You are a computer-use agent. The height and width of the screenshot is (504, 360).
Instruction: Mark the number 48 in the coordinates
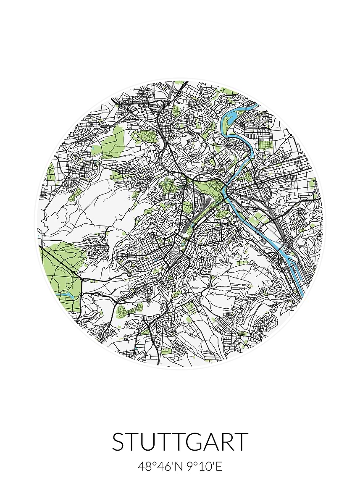point(144,467)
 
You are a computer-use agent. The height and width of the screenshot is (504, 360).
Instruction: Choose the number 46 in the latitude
point(163,467)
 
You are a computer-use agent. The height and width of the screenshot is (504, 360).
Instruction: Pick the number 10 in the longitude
point(204,467)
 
